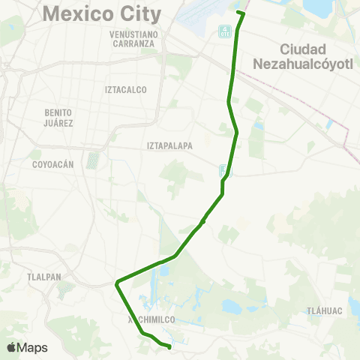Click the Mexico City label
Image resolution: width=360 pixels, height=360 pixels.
tap(103, 13)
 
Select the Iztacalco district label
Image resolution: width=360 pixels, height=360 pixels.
tap(126, 89)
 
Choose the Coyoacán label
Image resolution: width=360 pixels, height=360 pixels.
tap(52, 163)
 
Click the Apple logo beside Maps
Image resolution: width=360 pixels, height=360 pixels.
tap(11, 347)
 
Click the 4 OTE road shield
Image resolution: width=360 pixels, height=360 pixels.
tap(224, 31)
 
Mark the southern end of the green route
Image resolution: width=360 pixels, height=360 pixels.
tap(169, 346)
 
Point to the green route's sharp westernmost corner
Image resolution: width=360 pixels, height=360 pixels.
tap(117, 283)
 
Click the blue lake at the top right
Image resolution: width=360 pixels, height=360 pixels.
tap(316, 7)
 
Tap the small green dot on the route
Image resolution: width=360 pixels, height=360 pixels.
tap(203, 221)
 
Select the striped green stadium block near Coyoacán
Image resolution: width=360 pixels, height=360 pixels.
tap(93, 160)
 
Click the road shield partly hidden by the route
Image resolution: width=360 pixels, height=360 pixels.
tap(225, 171)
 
